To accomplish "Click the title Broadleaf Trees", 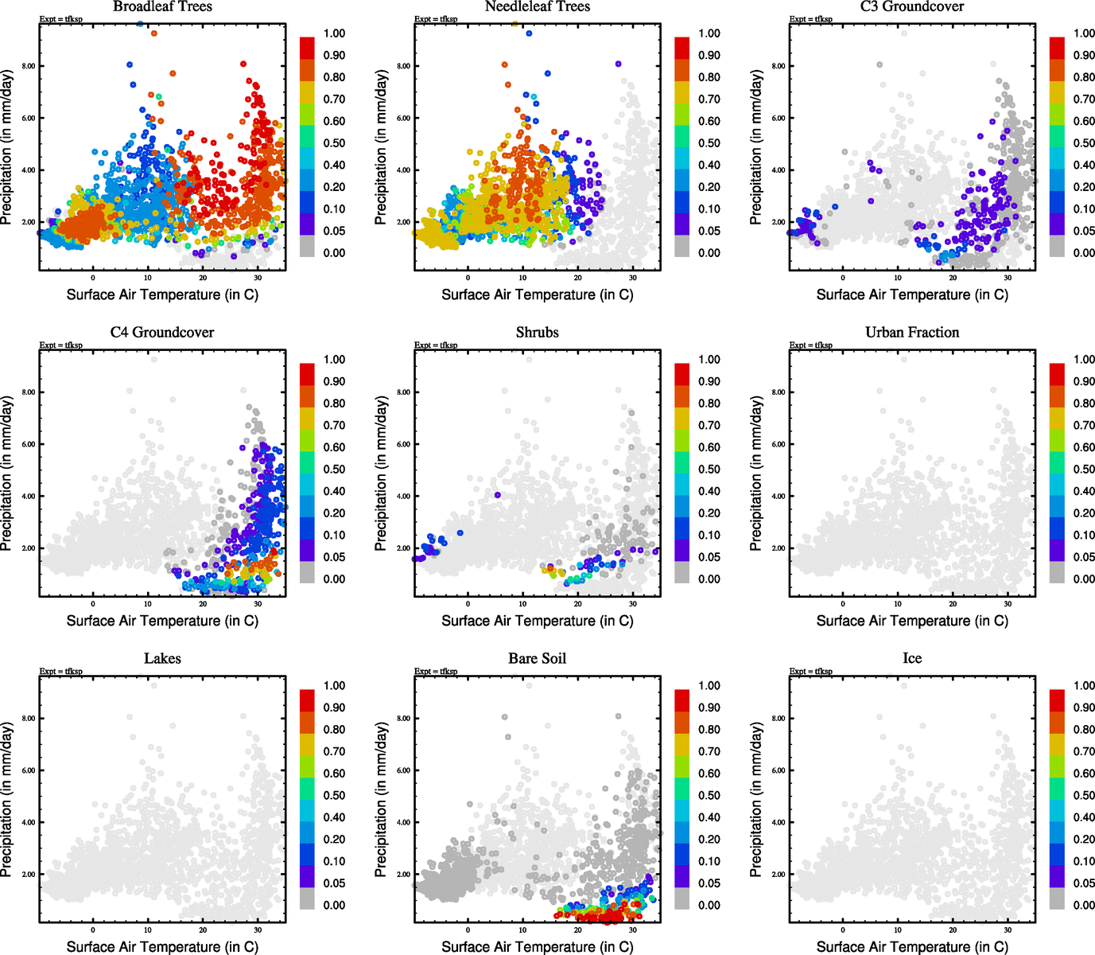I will point(162,6).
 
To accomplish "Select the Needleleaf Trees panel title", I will point(538,6).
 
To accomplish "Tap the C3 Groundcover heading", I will point(912,6).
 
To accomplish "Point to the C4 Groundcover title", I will point(162,332).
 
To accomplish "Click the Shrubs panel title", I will point(538,332).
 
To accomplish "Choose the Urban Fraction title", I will point(912,332).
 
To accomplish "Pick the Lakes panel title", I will point(162,658).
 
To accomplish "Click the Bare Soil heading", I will point(538,658).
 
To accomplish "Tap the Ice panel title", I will point(912,658).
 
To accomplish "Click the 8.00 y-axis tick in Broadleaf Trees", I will point(29,66).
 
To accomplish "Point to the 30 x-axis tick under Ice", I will point(1008,930).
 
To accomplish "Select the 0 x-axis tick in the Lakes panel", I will point(93,930).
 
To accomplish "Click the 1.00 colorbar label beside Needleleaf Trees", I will point(709,33).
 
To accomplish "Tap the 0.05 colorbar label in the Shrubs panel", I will point(709,557).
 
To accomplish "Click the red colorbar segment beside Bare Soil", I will point(682,700).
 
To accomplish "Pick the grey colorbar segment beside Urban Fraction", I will point(1057,572).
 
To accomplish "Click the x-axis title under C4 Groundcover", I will point(162,621).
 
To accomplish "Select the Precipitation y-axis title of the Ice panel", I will point(756,800).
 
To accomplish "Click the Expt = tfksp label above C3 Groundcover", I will point(811,19).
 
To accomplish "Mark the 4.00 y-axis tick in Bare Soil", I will point(403,822).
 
